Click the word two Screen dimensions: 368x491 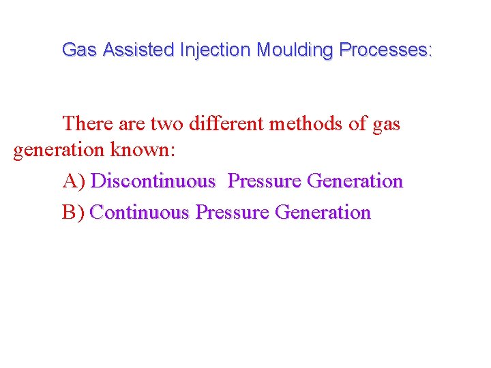[167, 124]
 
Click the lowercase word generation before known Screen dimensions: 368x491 [59, 150]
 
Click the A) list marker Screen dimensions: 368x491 [74, 181]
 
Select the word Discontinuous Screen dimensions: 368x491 [153, 181]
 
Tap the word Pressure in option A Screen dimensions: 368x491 [265, 181]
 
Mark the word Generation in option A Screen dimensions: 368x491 [355, 181]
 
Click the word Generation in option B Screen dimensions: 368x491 [323, 213]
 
